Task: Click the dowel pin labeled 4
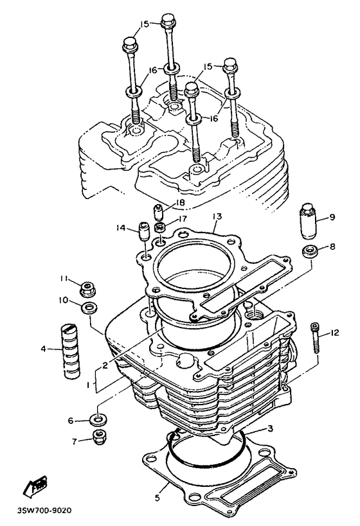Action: pyautogui.click(x=71, y=351)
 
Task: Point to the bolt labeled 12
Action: pyautogui.click(x=316, y=337)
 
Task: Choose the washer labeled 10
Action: pyautogui.click(x=89, y=308)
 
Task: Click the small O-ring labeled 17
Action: pyautogui.click(x=160, y=227)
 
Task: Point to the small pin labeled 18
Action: pyautogui.click(x=158, y=212)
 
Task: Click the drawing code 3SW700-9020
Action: pyautogui.click(x=44, y=511)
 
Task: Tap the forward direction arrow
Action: pyautogui.click(x=35, y=486)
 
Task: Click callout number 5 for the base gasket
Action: pyautogui.click(x=157, y=498)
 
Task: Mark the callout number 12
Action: pyautogui.click(x=334, y=333)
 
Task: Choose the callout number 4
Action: pyautogui.click(x=43, y=349)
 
